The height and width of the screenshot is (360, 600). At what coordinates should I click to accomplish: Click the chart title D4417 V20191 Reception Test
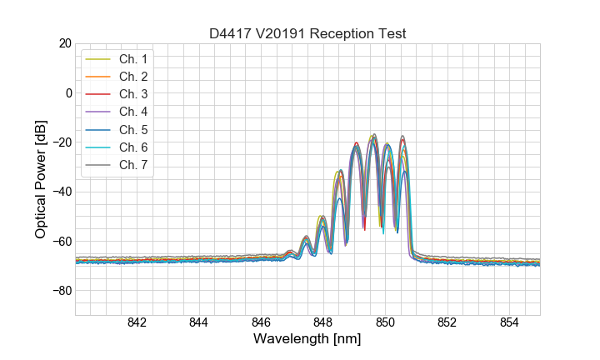point(307,33)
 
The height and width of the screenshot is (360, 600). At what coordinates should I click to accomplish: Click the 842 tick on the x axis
point(137,323)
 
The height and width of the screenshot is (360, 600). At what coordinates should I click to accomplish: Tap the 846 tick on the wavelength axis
point(261,323)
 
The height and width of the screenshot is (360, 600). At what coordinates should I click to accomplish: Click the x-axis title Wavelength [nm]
point(307,340)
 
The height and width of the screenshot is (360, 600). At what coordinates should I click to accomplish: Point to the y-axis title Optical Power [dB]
point(41,179)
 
